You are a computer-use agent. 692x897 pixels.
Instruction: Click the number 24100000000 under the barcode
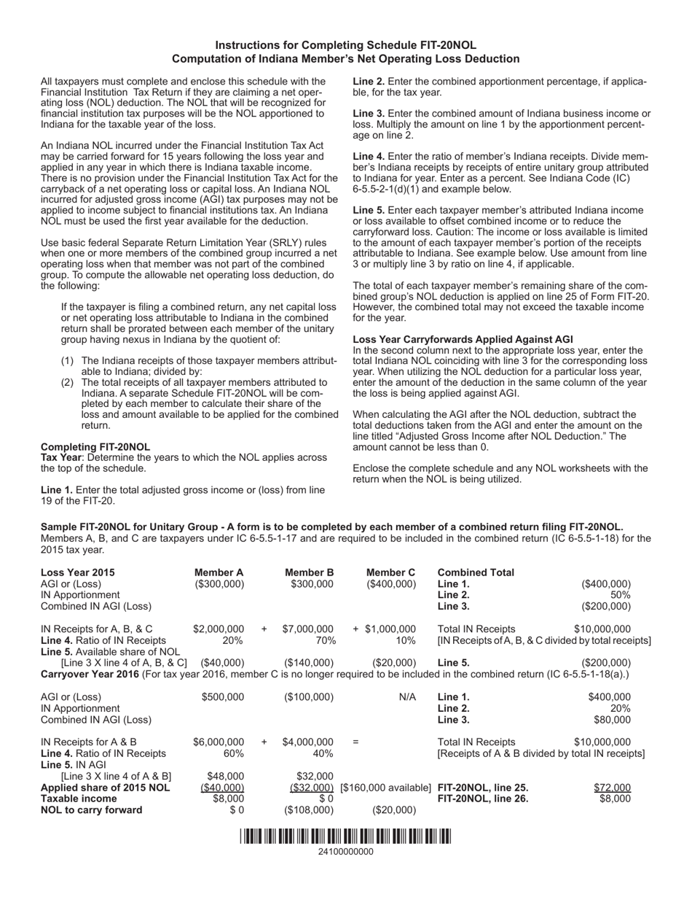pos(345,852)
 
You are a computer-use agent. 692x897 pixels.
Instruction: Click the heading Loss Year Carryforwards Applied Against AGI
pos(463,339)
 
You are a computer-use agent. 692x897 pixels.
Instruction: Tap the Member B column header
pos(309,572)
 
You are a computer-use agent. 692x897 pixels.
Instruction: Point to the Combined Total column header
pos(476,572)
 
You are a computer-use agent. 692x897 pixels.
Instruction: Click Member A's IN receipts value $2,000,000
pos(219,629)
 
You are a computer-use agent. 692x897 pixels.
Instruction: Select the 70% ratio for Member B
pos(321,640)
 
